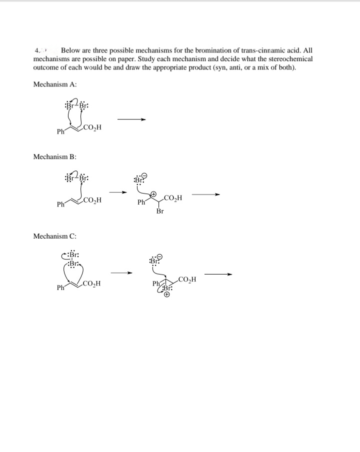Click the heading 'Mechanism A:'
click(x=54, y=84)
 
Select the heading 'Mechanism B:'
click(x=54, y=157)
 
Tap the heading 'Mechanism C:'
click(x=54, y=235)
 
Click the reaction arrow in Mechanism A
click(x=131, y=119)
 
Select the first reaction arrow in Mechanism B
click(x=117, y=192)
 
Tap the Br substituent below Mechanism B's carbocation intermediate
click(x=159, y=211)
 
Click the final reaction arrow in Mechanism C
click(x=219, y=274)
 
